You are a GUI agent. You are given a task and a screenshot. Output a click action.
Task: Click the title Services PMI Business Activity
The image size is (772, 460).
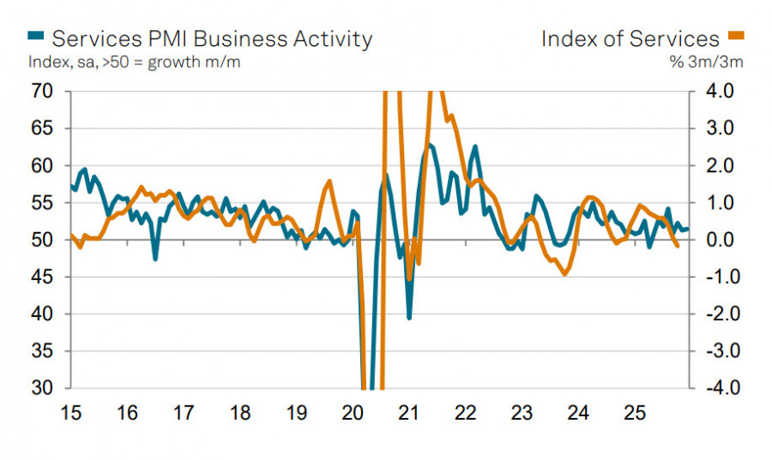(x=212, y=39)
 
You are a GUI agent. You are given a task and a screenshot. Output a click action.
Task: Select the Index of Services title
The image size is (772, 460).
(x=630, y=39)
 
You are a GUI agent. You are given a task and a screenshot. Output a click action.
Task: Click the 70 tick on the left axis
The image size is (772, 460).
(x=41, y=91)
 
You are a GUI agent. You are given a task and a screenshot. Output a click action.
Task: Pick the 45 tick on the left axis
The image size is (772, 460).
(x=41, y=277)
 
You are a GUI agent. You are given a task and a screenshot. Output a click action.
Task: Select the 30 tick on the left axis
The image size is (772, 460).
(x=41, y=388)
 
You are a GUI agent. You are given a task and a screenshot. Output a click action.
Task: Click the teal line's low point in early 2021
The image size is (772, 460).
(x=409, y=318)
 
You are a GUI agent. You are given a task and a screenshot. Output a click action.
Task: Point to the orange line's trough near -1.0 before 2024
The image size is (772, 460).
(x=564, y=274)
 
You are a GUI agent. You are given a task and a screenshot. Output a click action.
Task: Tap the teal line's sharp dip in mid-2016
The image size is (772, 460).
(x=155, y=259)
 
